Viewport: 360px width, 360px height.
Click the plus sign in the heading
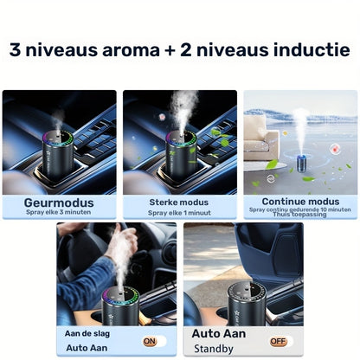point(178,50)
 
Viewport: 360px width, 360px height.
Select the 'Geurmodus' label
point(59,202)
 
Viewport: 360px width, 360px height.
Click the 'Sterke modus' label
point(179,202)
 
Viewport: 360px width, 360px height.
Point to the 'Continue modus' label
point(300,201)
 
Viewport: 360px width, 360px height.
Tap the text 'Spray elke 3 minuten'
point(59,213)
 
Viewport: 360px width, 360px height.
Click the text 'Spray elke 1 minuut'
point(179,213)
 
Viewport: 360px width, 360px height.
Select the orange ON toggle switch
point(150,341)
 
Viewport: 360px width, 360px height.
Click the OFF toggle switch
point(278,341)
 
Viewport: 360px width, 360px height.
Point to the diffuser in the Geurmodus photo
point(59,152)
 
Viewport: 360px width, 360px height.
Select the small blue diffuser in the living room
point(300,163)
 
